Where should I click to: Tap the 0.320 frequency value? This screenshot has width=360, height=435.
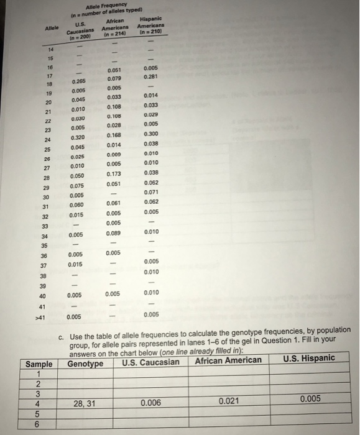78,137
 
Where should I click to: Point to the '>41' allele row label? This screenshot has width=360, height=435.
40,317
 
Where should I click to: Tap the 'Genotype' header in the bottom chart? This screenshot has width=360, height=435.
85,363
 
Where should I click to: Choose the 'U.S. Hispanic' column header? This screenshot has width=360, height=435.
308,358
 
